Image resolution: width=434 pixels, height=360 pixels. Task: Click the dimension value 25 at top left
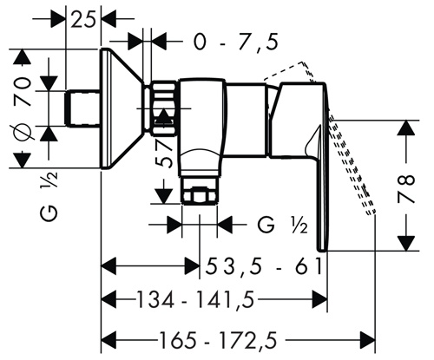pos(82,20)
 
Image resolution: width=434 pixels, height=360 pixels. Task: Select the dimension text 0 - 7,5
pos(236,43)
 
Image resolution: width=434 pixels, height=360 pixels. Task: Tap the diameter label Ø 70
pos(23,108)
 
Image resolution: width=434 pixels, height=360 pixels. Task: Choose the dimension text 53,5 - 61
pos(263,266)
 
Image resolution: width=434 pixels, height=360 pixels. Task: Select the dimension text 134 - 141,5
pos(194,299)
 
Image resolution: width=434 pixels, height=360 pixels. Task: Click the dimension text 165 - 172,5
pos(218,339)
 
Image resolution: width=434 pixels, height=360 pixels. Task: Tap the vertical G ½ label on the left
pos(49,197)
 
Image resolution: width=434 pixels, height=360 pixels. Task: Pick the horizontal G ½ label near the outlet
pos(282,225)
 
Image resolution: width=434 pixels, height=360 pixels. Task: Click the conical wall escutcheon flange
pos(122,108)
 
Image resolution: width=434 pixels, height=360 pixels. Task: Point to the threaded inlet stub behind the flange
pos(83,108)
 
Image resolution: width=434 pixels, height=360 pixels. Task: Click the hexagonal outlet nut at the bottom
pos(199,195)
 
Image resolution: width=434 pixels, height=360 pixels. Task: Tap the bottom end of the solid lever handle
pos(322,251)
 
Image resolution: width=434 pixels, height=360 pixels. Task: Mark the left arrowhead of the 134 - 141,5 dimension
pos(108,299)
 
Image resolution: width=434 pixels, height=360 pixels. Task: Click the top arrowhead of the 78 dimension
pos(406,128)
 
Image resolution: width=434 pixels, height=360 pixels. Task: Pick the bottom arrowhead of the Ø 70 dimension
pos(23,160)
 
